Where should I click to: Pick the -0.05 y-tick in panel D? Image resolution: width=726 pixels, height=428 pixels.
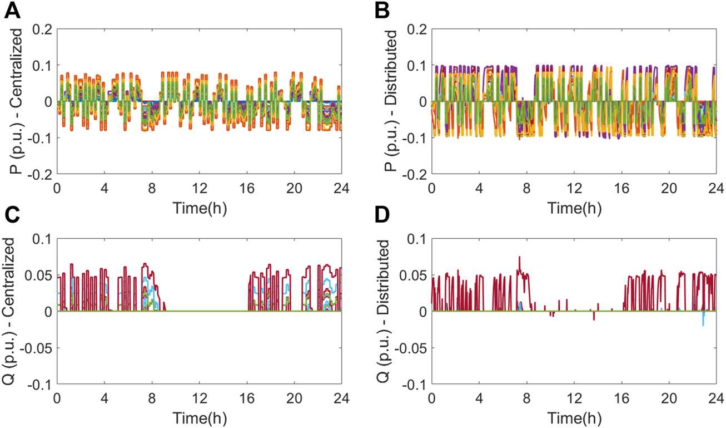[411, 348]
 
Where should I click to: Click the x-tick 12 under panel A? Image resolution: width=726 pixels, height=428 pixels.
[199, 188]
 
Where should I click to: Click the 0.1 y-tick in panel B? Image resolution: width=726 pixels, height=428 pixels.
[417, 65]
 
